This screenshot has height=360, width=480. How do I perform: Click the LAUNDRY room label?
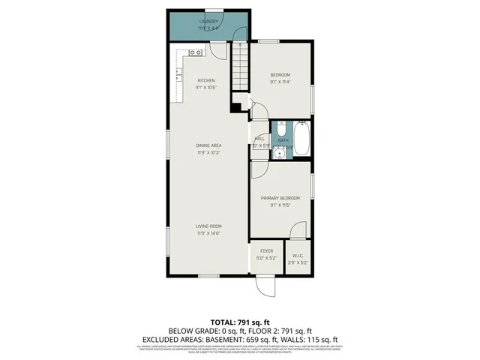(208, 22)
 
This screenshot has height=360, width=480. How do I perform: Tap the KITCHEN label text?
(206, 80)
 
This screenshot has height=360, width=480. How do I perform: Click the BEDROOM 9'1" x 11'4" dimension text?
(280, 82)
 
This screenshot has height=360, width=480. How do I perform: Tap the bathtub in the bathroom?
(300, 138)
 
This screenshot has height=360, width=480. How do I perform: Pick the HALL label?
(259, 139)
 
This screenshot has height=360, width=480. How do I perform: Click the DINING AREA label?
(208, 145)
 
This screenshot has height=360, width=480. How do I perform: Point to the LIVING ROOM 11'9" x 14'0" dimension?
(208, 232)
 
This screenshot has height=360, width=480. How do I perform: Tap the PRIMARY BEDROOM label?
(280, 198)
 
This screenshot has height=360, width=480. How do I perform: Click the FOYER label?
(266, 250)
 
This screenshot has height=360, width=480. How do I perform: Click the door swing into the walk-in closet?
(298, 231)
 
